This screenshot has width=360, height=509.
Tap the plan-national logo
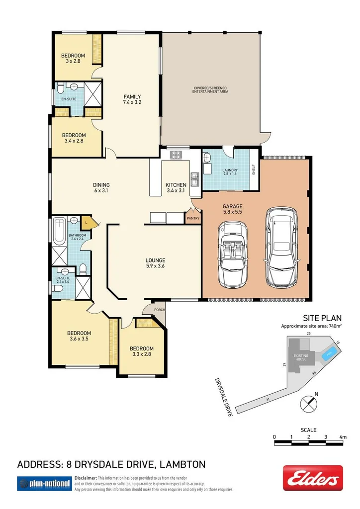pyautogui.click(x=43, y=483)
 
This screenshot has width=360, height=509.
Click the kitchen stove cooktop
pyautogui.click(x=176, y=155)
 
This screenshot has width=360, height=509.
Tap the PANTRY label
pyautogui.click(x=192, y=218)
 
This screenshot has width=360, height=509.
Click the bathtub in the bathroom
pyautogui.click(x=59, y=233)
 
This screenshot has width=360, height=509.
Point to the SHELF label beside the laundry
pyautogui.click(x=254, y=170)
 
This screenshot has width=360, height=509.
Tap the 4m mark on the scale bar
pyautogui.click(x=342, y=436)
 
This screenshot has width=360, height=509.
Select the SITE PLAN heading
pyautogui.click(x=322, y=318)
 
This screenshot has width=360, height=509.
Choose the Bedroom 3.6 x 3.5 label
pyautogui.click(x=79, y=336)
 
